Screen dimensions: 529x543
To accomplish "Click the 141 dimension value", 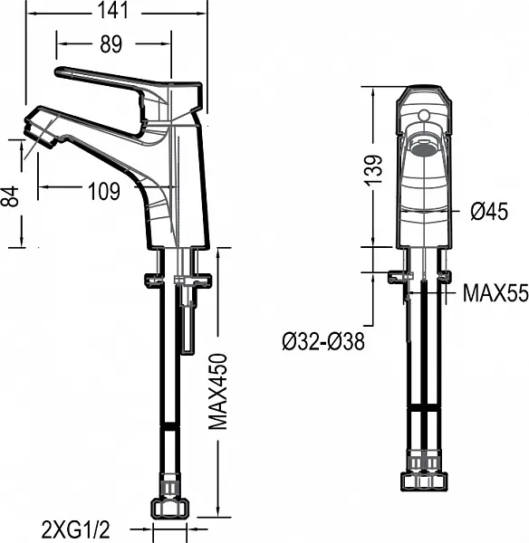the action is click(x=113, y=10).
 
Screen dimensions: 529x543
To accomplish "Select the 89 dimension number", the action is click(x=111, y=44).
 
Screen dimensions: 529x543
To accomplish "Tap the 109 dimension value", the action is click(x=104, y=191).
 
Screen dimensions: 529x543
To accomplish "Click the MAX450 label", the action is click(x=217, y=391).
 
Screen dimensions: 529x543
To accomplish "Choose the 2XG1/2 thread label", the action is click(x=75, y=529).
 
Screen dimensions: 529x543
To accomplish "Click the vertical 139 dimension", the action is click(x=374, y=170).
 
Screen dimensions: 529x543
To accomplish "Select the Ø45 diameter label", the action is click(x=489, y=211).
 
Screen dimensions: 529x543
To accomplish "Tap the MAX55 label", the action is click(x=495, y=292).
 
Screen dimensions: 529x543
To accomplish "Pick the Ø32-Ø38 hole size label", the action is click(x=323, y=341).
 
